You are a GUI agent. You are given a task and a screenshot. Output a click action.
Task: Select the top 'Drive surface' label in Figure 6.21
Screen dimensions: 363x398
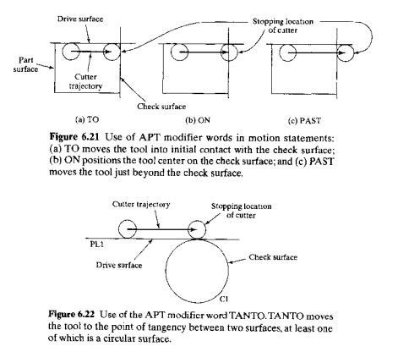point(81,17)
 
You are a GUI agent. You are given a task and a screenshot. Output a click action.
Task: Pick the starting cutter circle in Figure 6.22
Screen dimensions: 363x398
point(130,228)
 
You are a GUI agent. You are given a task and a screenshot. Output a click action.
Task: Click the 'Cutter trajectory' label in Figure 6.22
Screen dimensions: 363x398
point(137,205)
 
